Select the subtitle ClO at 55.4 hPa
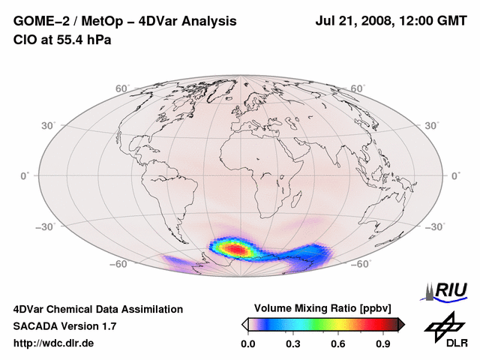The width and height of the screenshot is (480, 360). (62, 39)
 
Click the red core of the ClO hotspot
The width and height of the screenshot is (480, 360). (235, 247)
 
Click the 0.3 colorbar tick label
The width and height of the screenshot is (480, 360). (293, 343)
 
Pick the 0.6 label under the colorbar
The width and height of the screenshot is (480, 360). (338, 343)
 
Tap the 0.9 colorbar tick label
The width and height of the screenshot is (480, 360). (383, 343)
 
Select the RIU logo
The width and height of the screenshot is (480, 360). (444, 290)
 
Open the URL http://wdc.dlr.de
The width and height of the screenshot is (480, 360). (54, 343)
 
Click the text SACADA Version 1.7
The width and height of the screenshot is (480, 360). (64, 326)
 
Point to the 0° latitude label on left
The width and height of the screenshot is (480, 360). (25, 175)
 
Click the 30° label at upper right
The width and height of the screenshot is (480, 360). (432, 125)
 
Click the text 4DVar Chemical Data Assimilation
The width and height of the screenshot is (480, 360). (97, 309)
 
